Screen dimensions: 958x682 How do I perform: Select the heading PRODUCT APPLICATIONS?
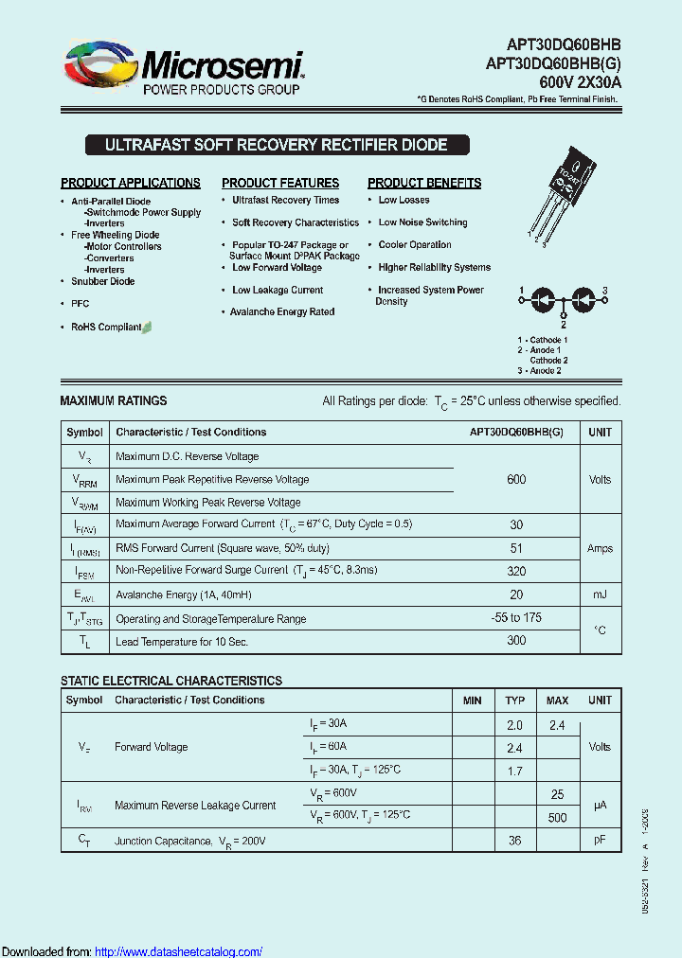(x=131, y=183)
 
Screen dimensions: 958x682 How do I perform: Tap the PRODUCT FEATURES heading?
(x=280, y=183)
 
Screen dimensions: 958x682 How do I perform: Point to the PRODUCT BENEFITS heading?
(x=424, y=183)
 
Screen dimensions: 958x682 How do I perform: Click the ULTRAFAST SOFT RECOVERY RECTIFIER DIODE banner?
(x=276, y=146)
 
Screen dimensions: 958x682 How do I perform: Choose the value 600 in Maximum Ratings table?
(x=516, y=479)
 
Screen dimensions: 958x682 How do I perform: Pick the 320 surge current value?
(x=516, y=571)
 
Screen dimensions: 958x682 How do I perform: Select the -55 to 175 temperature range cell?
(x=516, y=617)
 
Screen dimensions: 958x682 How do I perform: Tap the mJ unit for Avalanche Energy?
(x=600, y=594)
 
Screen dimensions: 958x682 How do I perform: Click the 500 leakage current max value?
(x=557, y=818)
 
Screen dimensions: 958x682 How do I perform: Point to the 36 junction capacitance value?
(x=515, y=840)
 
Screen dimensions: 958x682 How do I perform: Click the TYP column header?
(x=515, y=701)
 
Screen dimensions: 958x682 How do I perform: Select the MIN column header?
(x=472, y=701)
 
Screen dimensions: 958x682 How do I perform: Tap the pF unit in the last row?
(x=600, y=840)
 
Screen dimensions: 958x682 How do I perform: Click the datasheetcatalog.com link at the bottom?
(x=179, y=951)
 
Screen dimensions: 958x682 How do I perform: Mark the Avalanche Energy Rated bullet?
(x=282, y=311)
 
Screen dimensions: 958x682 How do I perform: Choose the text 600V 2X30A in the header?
(x=580, y=82)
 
